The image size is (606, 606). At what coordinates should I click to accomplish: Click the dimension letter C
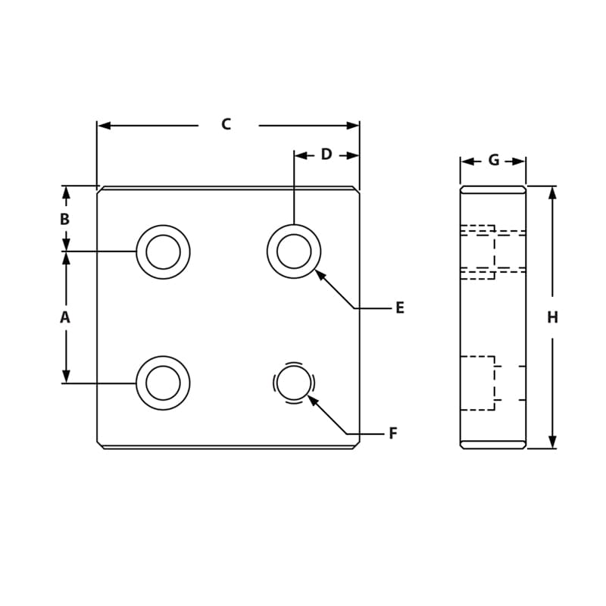point(226,125)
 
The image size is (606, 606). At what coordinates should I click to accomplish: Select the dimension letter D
point(326,155)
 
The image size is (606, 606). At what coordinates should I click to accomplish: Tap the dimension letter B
point(65,220)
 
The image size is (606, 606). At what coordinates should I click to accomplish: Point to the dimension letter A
point(65,317)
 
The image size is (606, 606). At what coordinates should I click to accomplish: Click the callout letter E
point(399,308)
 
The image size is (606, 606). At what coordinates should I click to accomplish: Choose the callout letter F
point(392,434)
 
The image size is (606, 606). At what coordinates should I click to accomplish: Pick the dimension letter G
point(493,161)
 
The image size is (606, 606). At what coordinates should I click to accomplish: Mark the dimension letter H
point(552,317)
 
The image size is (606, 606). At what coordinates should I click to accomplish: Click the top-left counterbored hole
point(163,251)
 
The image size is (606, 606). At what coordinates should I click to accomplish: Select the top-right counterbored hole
point(294,251)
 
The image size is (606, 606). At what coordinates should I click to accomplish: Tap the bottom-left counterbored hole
point(163,383)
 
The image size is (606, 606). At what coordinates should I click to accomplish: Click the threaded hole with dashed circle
point(294,383)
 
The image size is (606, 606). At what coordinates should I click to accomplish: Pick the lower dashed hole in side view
point(479,383)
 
